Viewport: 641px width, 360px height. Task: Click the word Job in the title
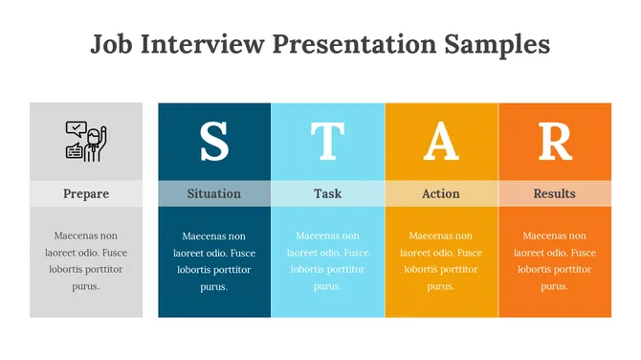tap(110, 44)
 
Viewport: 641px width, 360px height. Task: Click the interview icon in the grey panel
tap(86, 141)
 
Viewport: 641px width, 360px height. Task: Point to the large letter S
tap(214, 141)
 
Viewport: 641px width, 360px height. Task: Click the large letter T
tap(327, 141)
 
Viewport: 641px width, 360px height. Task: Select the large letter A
tap(441, 141)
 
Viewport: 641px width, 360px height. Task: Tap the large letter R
tap(555, 141)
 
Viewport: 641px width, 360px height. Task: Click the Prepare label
tap(86, 193)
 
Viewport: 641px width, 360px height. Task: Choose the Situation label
tap(214, 193)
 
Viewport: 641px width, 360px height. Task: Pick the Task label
tap(327, 193)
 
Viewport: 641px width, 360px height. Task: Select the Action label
tap(441, 193)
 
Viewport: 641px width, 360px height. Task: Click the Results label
tap(555, 193)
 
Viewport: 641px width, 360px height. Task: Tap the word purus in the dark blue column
tap(214, 286)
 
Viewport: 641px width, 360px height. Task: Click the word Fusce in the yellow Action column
tap(465, 253)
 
